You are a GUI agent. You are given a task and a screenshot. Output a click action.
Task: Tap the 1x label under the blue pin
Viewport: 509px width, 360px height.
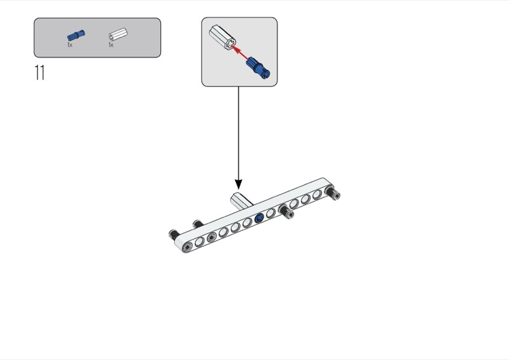70,45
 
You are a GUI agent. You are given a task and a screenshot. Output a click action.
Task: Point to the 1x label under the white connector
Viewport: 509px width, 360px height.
111,45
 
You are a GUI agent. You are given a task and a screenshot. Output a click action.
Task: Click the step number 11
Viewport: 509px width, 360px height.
39,73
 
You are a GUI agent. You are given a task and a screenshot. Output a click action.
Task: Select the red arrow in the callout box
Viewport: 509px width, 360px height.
241,51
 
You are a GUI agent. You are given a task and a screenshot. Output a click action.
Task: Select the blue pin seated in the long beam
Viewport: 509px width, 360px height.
259,218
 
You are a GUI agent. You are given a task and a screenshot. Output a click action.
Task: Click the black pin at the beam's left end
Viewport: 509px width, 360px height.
173,235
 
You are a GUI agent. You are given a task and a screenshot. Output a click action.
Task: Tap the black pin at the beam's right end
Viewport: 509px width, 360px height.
335,194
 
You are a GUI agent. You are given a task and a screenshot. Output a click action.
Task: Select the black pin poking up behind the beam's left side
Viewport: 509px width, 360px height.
197,224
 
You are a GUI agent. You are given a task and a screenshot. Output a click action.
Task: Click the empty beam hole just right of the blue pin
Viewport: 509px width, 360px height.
271,213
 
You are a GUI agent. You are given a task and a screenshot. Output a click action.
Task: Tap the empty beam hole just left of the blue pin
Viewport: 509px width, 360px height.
247,223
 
